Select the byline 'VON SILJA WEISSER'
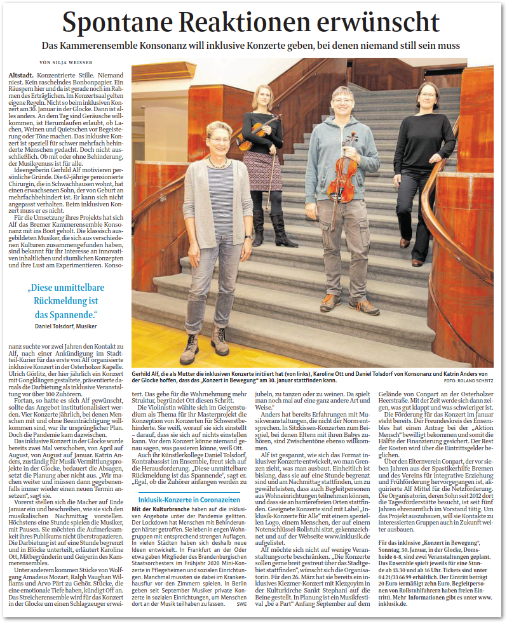click(x=65, y=62)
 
